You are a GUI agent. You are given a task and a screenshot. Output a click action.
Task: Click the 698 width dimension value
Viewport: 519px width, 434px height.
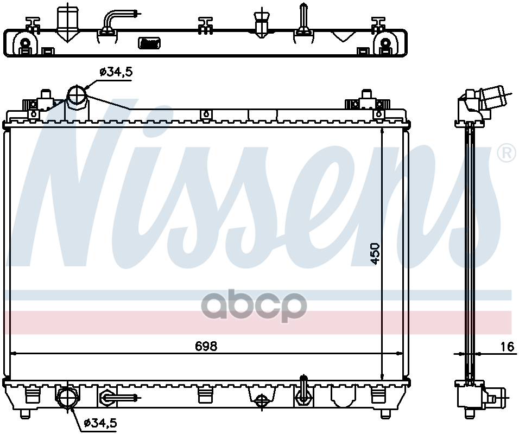click(x=206, y=346)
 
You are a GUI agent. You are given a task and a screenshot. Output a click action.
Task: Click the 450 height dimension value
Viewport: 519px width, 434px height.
click(x=375, y=254)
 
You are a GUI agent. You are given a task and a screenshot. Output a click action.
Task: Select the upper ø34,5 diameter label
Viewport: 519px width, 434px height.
click(x=116, y=72)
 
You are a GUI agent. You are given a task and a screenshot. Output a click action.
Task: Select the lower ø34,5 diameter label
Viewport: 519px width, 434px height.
click(x=100, y=423)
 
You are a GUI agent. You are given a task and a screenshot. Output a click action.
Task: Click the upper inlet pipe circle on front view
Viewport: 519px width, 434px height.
click(x=77, y=94)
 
